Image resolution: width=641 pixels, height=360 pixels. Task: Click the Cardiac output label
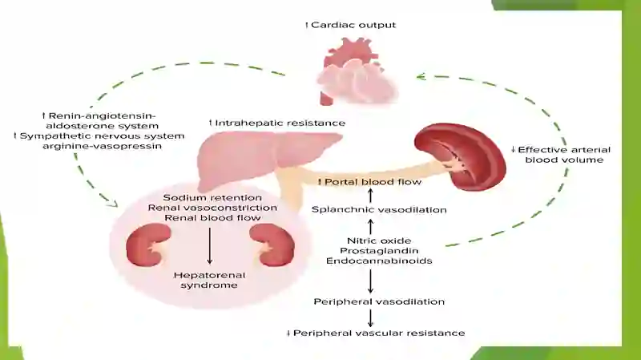pos(351,25)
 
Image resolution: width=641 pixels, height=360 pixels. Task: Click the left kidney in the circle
pos(148,245)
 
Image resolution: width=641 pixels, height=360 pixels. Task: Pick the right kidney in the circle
pos(272,245)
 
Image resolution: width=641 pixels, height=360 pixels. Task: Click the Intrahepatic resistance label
pos(277,123)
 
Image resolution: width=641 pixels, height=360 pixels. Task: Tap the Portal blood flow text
pos(370,182)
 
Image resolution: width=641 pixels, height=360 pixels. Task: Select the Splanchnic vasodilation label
pos(379,209)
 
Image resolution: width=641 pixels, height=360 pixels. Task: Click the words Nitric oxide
pos(379,241)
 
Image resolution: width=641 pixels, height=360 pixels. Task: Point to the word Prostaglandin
pos(379,250)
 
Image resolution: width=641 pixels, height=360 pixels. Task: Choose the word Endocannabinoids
pos(379,261)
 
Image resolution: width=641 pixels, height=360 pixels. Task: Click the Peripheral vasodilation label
pos(379,301)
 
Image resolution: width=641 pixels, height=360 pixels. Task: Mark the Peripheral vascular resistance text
pos(376,333)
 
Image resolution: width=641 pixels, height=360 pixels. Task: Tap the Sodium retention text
pos(212,197)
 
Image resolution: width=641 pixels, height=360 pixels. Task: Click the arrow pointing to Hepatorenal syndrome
pos(210,246)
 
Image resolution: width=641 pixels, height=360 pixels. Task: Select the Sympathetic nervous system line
pos(99,136)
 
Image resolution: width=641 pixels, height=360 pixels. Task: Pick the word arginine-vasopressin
pos(103,146)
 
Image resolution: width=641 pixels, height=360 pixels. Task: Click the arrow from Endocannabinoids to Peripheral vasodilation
pos(370,281)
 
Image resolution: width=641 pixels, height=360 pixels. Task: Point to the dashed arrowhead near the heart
pos(421,76)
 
